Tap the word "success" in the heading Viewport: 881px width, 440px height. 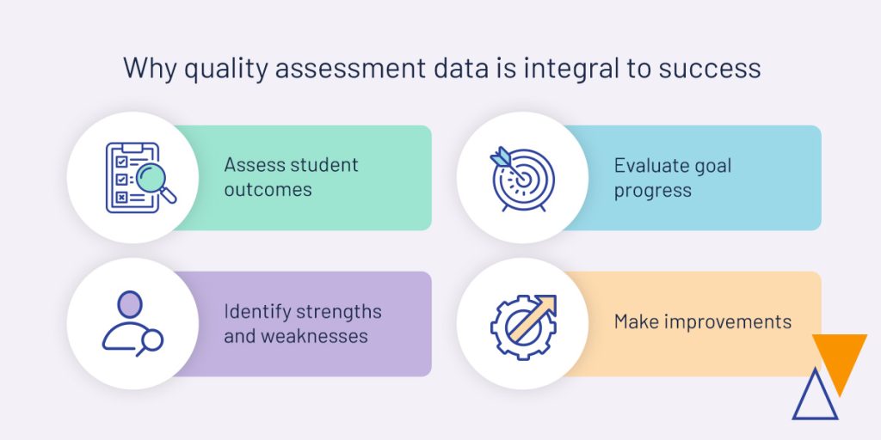point(710,69)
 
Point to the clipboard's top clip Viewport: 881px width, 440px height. point(132,148)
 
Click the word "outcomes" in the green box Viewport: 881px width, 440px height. point(268,190)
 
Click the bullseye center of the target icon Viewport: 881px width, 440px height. point(524,180)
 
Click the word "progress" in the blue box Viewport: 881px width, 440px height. point(652,191)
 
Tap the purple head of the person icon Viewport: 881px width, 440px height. point(130,304)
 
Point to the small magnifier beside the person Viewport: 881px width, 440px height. point(151,342)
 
